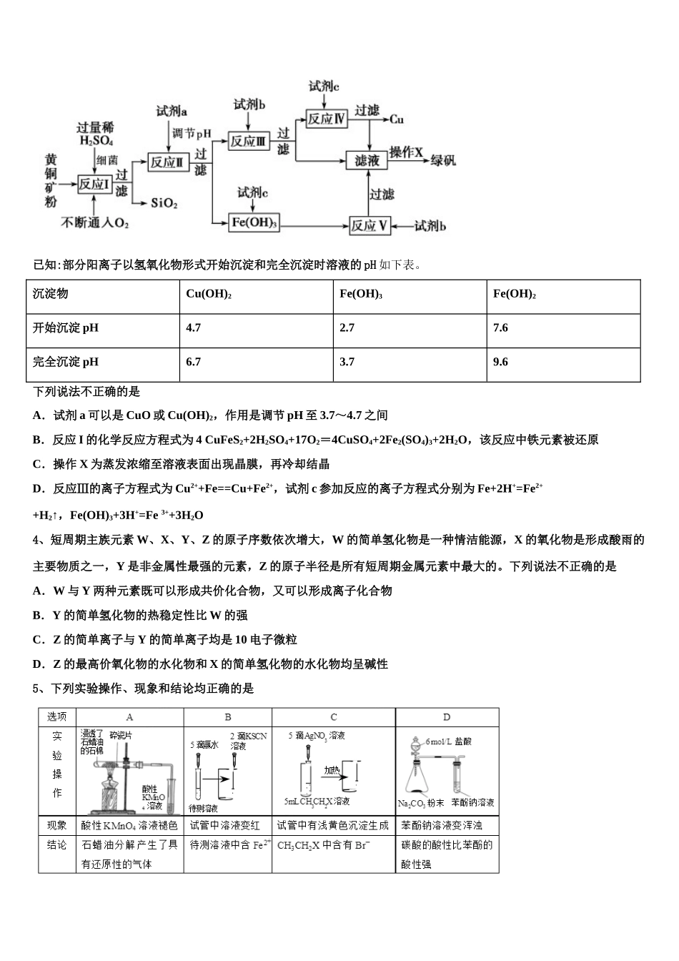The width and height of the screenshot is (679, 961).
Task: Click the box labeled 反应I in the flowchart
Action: click(x=94, y=184)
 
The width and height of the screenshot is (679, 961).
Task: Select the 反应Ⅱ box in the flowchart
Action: click(x=167, y=162)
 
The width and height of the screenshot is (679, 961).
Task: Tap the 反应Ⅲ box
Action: click(x=248, y=141)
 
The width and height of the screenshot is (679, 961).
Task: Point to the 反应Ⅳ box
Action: click(x=326, y=119)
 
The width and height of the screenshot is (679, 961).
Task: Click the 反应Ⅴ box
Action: click(x=370, y=226)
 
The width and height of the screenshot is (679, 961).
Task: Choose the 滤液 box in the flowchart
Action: click(x=367, y=160)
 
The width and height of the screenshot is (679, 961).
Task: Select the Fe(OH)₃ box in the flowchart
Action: click(x=254, y=222)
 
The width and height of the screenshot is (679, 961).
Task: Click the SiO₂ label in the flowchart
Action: click(x=164, y=203)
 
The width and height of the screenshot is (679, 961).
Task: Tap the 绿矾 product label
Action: click(x=442, y=160)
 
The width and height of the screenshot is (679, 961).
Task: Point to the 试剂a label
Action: click(x=172, y=112)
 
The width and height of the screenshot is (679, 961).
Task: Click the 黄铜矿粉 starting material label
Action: click(x=51, y=181)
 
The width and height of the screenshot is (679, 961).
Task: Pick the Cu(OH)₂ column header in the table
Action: click(x=209, y=294)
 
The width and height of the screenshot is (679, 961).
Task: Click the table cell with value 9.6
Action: click(x=500, y=362)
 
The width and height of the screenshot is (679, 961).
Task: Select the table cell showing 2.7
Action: click(x=347, y=328)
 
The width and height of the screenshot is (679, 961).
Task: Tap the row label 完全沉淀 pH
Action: click(x=66, y=362)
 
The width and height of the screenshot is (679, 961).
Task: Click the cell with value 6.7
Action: click(x=193, y=362)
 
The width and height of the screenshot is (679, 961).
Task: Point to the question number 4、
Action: click(x=40, y=540)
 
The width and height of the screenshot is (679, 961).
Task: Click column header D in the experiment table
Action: click(x=447, y=717)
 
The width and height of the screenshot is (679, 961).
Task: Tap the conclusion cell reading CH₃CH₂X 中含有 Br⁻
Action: click(x=333, y=845)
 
